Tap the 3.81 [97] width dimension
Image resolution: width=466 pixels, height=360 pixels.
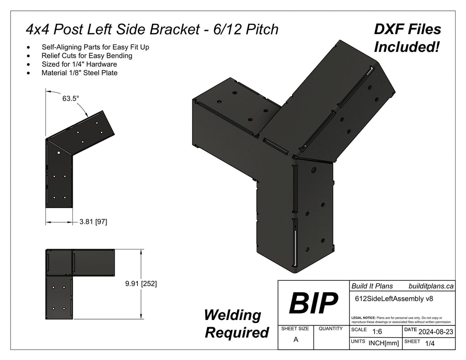(x=93, y=222)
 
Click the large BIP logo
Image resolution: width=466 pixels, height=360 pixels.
(x=313, y=303)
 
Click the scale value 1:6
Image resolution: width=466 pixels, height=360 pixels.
(x=377, y=332)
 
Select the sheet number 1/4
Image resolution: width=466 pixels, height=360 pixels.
(x=429, y=345)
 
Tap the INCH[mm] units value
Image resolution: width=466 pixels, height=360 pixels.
(x=384, y=344)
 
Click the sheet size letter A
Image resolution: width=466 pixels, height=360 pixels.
(x=295, y=339)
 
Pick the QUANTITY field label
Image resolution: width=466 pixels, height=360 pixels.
(x=331, y=328)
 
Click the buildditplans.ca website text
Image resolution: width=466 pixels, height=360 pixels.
(x=431, y=286)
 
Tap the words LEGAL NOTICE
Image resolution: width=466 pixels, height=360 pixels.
(x=363, y=318)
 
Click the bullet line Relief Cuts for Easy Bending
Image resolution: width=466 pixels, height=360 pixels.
(x=87, y=56)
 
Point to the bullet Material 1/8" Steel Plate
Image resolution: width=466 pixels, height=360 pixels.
(x=80, y=72)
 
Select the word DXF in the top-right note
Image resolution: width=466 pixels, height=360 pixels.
(x=389, y=30)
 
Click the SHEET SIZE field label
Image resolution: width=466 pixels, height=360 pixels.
(x=295, y=328)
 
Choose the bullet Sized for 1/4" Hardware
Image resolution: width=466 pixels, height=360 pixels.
(x=79, y=64)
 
